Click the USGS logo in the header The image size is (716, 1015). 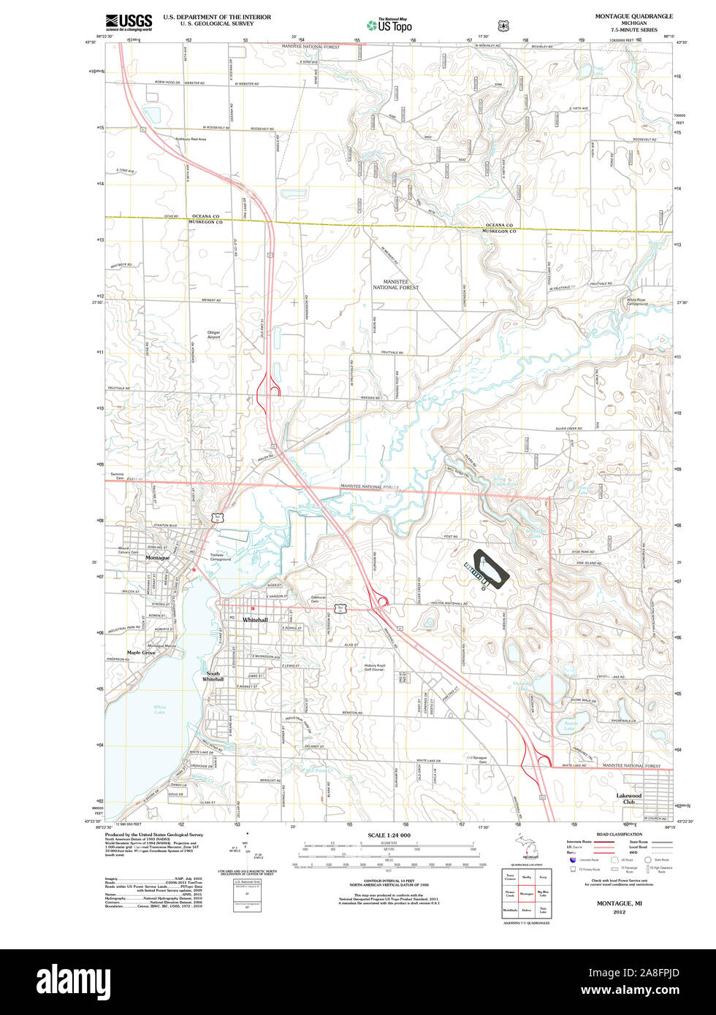pos(129,22)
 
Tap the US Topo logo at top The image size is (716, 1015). pos(389,24)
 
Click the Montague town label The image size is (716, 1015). pos(157,558)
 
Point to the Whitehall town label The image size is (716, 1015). pos(255,619)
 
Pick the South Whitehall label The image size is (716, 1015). pos(213,676)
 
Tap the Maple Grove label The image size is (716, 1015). pos(140,653)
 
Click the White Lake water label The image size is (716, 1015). pos(159,709)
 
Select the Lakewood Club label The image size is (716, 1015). pos(628,798)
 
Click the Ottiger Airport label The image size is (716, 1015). pos(213,335)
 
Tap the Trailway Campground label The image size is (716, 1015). pos(221,557)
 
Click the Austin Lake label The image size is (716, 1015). pos(571,725)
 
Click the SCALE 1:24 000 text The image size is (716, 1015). pos(389,835)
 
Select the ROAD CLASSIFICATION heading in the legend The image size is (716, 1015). pos(619,834)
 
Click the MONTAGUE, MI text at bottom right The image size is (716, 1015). pos(619,903)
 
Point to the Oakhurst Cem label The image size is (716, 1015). pos(316,599)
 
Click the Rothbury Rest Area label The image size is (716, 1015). pos(191,139)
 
